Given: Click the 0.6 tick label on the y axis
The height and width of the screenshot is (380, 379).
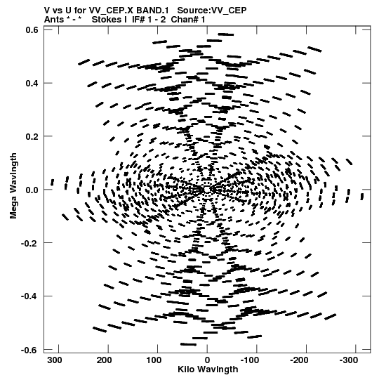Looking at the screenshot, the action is click(32, 30).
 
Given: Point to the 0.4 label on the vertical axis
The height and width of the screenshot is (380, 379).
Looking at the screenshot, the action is click(32, 83).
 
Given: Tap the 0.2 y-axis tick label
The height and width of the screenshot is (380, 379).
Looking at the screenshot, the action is click(32, 136).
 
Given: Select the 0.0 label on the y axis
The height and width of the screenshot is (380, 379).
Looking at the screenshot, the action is click(32, 190).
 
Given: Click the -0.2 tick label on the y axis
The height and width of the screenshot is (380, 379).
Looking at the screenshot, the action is click(29, 243).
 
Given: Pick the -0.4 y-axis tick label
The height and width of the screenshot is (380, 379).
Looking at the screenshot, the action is click(29, 296).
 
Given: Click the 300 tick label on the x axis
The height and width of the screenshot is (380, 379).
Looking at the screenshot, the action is click(55, 360).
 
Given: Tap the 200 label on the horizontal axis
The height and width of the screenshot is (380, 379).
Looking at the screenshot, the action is click(105, 360).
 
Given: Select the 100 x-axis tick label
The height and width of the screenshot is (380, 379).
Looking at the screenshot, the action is click(154, 360).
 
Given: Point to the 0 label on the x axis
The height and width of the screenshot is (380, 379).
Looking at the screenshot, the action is click(207, 360).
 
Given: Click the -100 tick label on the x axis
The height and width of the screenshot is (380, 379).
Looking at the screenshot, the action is click(250, 360).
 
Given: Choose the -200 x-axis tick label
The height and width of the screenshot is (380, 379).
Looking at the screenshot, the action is click(299, 360).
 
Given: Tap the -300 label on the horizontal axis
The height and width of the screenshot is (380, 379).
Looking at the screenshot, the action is click(349, 360).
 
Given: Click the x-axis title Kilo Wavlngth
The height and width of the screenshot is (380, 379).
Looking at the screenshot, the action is click(208, 369).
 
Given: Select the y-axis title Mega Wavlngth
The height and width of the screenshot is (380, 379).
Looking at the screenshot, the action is click(13, 186).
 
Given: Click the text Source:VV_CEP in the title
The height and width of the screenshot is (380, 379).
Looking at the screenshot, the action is click(212, 11).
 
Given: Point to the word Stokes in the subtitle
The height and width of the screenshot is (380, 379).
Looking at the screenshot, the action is click(109, 20).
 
